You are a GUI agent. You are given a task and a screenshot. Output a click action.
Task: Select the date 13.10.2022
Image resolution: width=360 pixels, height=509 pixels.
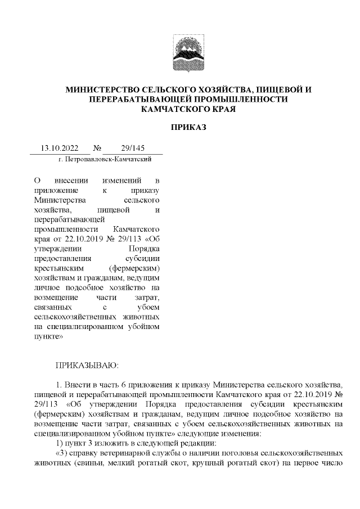point(59,149)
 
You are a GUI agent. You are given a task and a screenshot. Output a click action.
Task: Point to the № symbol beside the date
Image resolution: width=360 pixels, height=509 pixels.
point(97,149)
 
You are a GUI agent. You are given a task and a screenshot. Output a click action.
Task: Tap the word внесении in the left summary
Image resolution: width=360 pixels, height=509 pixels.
point(69,181)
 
